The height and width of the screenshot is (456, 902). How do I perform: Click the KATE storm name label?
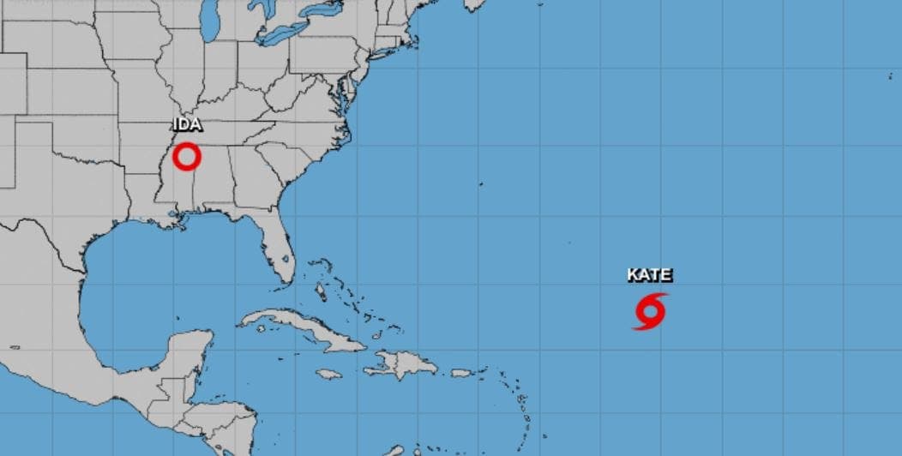(649, 275)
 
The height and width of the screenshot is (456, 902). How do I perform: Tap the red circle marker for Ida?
(186, 157)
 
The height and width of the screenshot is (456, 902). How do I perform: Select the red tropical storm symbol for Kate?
(650, 312)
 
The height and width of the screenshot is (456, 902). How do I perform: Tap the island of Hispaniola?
(403, 366)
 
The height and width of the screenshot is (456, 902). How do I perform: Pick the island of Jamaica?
(328, 374)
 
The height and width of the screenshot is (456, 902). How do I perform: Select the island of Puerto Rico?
(462, 373)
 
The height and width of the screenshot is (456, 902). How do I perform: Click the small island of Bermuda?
(480, 183)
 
